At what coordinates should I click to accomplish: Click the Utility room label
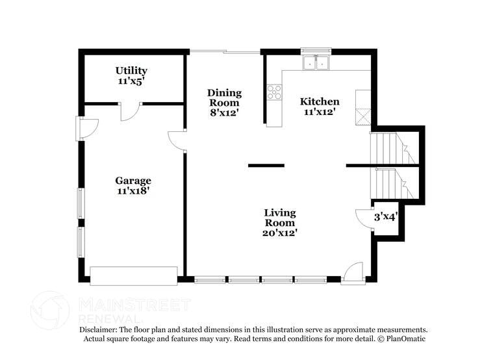131,70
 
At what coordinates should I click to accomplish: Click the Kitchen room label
319,101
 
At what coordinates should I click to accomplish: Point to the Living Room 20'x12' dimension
280,233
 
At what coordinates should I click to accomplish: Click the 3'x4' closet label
385,217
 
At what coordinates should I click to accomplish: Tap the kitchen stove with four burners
274,92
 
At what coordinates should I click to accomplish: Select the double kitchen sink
316,62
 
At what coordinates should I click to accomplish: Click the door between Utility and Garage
130,111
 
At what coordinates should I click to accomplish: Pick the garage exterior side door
86,127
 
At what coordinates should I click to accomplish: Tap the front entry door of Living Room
354,273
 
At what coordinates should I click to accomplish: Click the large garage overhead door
133,276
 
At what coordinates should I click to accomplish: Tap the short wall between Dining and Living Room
266,166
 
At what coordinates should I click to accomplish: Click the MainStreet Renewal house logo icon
50,311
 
